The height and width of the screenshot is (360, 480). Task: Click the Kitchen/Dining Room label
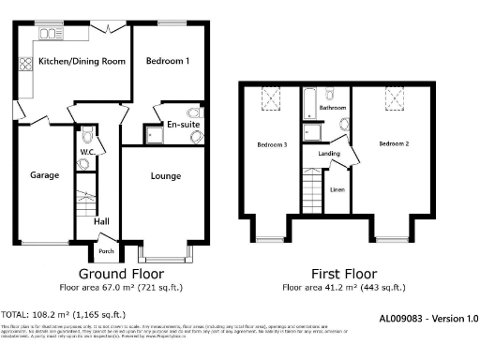click(x=82, y=62)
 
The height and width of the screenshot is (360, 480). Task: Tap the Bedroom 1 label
click(x=169, y=62)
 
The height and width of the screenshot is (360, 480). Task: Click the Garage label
click(x=44, y=175)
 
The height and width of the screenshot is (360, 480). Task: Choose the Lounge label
click(x=166, y=175)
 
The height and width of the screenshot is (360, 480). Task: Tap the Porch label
click(x=106, y=251)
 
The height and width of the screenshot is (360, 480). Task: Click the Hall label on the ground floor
click(x=102, y=222)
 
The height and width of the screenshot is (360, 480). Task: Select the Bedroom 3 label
click(x=272, y=145)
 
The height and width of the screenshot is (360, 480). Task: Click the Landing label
click(x=329, y=153)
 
